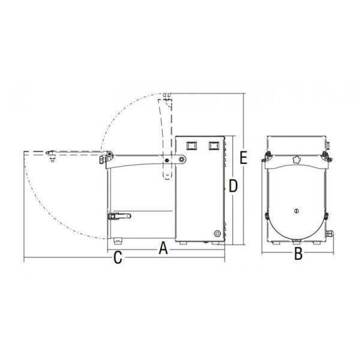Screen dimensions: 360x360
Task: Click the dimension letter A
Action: pyautogui.click(x=163, y=248)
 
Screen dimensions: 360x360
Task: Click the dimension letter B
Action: pyautogui.click(x=298, y=254)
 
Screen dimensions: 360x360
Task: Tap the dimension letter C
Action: pyautogui.click(x=118, y=257)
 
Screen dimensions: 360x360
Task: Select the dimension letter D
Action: pyautogui.click(x=233, y=186)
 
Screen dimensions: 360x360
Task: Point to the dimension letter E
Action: pyautogui.click(x=244, y=158)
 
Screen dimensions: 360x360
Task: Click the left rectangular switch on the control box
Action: pyautogui.click(x=192, y=146)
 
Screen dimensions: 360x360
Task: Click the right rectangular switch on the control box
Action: pyautogui.click(x=214, y=146)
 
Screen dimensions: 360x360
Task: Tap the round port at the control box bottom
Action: pyautogui.click(x=217, y=234)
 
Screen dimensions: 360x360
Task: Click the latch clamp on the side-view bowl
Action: pyautogui.click(x=119, y=216)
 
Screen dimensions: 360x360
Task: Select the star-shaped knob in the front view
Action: pyautogui.click(x=296, y=159)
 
